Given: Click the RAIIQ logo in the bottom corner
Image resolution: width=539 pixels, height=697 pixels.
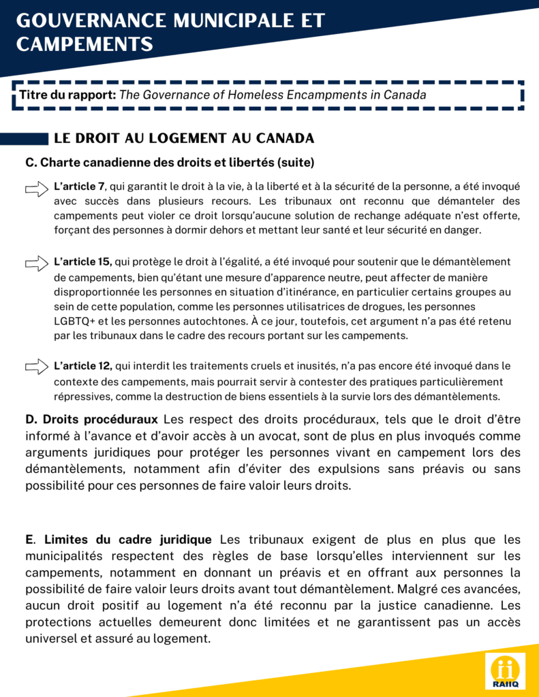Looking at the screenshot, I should pyautogui.click(x=505, y=672).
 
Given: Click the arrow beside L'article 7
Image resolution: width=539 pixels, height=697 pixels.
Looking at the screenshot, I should pyautogui.click(x=37, y=189).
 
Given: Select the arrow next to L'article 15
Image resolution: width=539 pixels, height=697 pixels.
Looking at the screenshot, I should pyautogui.click(x=37, y=262).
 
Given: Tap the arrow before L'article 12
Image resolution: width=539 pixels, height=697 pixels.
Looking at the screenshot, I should pyautogui.click(x=37, y=367).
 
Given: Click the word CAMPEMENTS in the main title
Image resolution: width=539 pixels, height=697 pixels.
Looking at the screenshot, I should pyautogui.click(x=84, y=44).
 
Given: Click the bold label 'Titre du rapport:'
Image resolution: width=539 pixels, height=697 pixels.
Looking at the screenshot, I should pyautogui.click(x=67, y=95).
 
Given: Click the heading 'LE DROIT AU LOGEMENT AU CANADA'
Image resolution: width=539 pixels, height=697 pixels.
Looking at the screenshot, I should pyautogui.click(x=184, y=138).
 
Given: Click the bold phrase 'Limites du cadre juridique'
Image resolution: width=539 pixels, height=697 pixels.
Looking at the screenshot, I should pyautogui.click(x=128, y=540).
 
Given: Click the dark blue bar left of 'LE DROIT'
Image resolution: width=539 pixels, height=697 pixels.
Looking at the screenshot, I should pyautogui.click(x=23, y=139).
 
